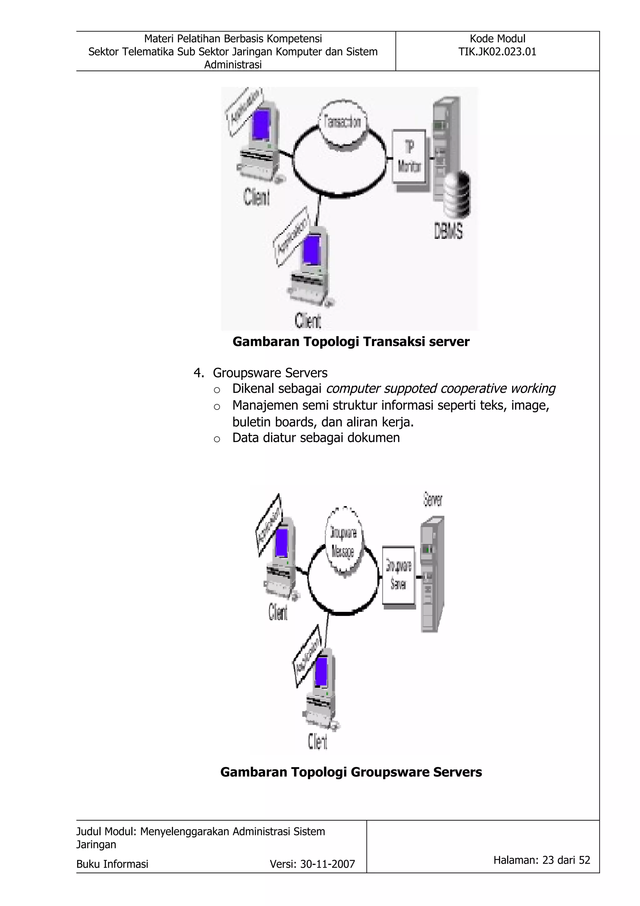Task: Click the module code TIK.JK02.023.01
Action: (497, 52)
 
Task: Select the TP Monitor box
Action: (409, 157)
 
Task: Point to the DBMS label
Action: (448, 231)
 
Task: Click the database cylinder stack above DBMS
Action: (457, 193)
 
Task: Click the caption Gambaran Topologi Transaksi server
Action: (351, 342)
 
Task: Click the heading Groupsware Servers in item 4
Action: (270, 373)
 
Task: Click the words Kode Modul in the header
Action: (497, 39)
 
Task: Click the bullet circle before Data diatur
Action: (217, 439)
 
